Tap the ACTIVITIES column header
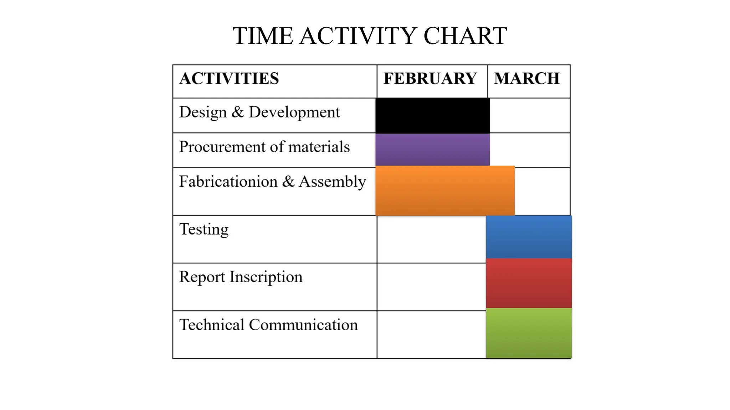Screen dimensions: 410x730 coord(229,79)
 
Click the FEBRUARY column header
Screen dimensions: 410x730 coord(430,79)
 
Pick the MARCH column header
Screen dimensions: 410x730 coord(527,79)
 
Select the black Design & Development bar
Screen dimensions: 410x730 coord(432,116)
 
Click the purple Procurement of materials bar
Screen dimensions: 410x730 coord(432,149)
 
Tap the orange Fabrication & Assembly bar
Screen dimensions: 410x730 coord(445,191)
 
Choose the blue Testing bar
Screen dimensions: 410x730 coord(529,237)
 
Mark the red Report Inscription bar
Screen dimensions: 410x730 coord(529,283)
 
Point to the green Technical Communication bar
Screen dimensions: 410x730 coord(529,333)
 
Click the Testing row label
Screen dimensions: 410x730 coord(204,230)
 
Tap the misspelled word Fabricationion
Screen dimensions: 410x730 coord(228,182)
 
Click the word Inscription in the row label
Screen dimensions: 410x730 coord(266,277)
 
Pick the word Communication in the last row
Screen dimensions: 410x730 coord(303,325)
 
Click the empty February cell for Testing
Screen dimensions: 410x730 coord(431,239)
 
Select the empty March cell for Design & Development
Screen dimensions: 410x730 coord(530,116)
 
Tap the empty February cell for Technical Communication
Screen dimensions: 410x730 coord(431,335)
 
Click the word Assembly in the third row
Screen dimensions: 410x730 coord(332,182)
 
